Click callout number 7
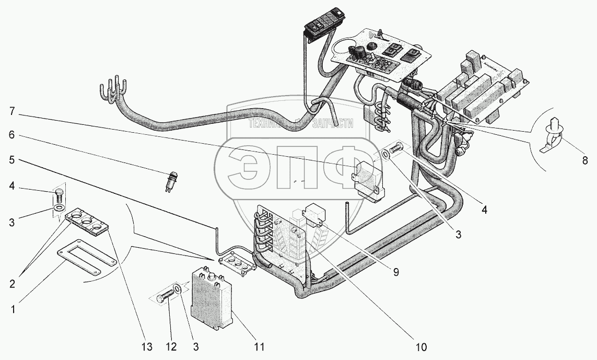pos(11,111)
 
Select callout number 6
pos(11,134)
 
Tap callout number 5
pos(11,160)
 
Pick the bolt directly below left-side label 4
pos(58,198)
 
